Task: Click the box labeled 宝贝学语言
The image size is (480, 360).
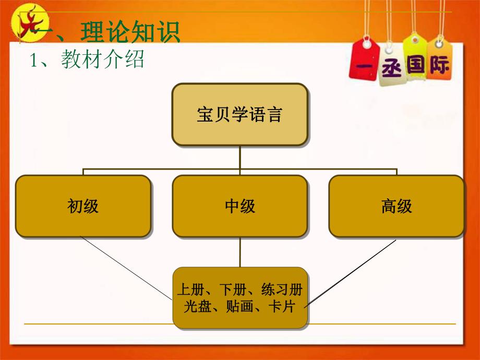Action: pos(239,114)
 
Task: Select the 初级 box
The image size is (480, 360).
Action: pos(83,206)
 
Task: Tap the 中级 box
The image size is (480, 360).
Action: pos(239,206)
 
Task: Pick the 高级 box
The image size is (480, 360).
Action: pos(396,206)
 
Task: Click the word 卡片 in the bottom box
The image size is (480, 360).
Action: pos(282,306)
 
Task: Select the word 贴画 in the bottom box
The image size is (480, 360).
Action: pos(238,306)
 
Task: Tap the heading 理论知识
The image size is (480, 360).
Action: pos(130,32)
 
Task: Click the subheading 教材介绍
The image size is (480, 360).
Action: pos(102,60)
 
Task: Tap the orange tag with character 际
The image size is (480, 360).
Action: pos(440,66)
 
